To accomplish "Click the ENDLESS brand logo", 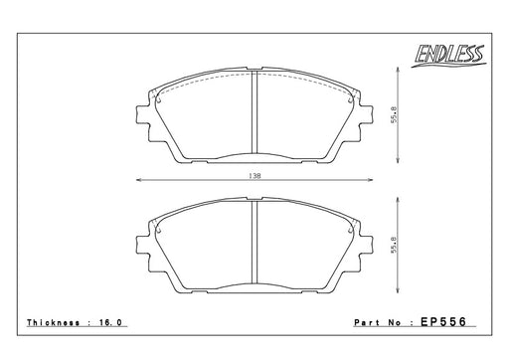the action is [449, 56].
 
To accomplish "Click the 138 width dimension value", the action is [254, 176].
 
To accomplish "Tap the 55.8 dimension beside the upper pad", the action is [394, 115].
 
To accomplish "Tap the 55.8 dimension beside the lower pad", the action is [394, 245].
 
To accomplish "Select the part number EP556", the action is [443, 321].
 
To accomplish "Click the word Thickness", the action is [54, 322].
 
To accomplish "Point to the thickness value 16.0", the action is [110, 322].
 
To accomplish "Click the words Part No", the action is [378, 322].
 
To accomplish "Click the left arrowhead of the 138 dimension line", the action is [139, 180].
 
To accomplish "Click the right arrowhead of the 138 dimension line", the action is [370, 180].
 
